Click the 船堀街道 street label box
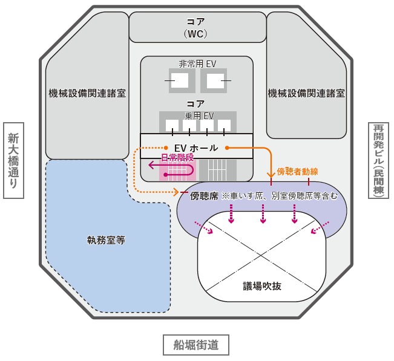[x=196, y=345]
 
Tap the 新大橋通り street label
[x=13, y=160]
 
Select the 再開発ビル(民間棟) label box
[x=379, y=160]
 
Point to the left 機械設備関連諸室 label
[x=87, y=93]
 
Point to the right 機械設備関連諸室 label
[x=306, y=93]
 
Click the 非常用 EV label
[x=197, y=64]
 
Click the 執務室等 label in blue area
[x=106, y=239]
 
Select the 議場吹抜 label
[x=262, y=285]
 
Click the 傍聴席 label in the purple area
[x=203, y=196]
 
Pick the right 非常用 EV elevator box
[x=213, y=81]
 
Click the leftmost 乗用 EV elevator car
[x=172, y=125]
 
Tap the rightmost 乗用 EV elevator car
[x=224, y=125]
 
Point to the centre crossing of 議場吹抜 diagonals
[x=262, y=249]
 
